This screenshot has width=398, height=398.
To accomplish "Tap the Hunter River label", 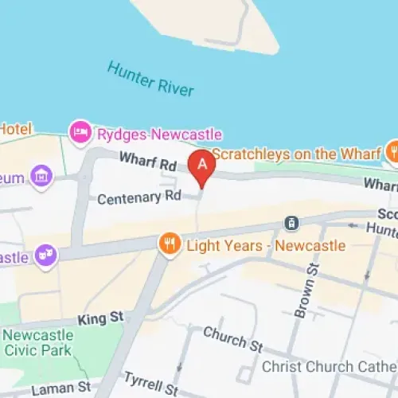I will [x=151, y=80].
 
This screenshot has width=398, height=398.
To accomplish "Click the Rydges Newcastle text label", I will [x=159, y=133].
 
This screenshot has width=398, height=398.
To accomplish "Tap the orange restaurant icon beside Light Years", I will [x=169, y=244].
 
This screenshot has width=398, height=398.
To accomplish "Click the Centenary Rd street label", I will [x=139, y=197].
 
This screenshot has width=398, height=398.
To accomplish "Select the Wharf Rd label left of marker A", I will [x=147, y=162].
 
